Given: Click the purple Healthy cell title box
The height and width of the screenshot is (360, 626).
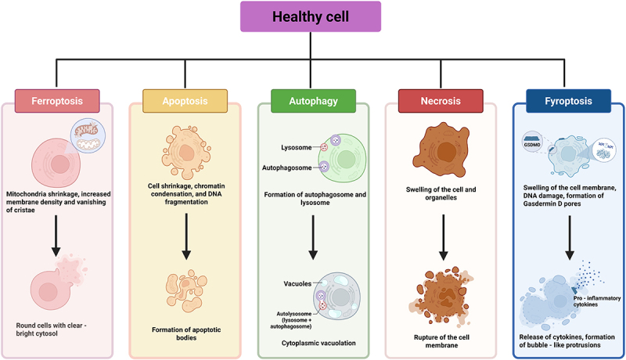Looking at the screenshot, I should point(312,16).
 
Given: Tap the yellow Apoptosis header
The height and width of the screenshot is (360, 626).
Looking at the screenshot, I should point(185,101).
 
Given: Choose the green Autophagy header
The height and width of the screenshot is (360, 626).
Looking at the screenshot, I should point(313,101).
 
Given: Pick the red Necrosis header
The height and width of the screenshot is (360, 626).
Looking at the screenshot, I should point(441,101).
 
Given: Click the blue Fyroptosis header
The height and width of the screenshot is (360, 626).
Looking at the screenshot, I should point(567,101).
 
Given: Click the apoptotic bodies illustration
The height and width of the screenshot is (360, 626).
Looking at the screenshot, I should point(185,290).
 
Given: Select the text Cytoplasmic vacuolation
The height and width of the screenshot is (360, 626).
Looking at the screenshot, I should point(313,343).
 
